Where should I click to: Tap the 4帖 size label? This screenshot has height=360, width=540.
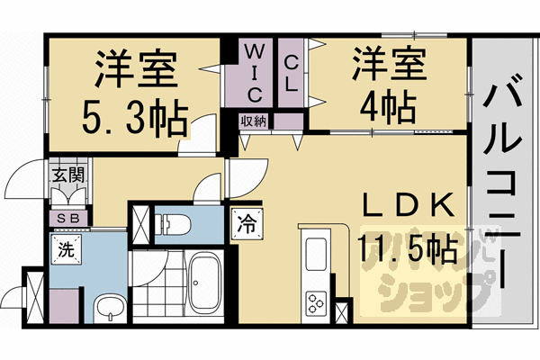point(388,109)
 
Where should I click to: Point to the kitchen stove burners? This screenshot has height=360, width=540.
point(317,302)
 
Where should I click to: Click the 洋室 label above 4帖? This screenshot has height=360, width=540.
point(388,65)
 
